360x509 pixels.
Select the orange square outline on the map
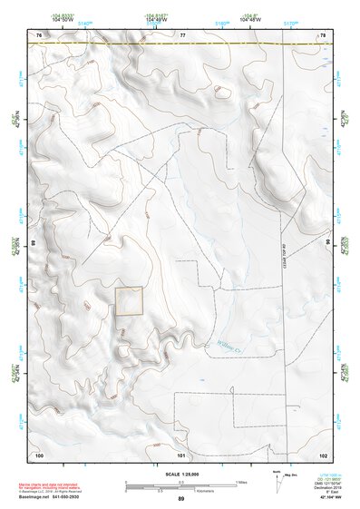pos(129,301)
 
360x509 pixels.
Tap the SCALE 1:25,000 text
pos(180,474)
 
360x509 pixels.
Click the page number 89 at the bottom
pos(180,499)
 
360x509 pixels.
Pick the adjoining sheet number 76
pos(39,34)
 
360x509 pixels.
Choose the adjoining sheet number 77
pos(182,34)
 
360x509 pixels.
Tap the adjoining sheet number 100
pos(39,454)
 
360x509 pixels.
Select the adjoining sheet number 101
pos(181,454)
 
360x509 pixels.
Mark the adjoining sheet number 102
pos(323,454)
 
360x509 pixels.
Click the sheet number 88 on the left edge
pos(34,244)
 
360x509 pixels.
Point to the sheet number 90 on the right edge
pos(327,244)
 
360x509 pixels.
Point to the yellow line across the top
pos(181,42)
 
